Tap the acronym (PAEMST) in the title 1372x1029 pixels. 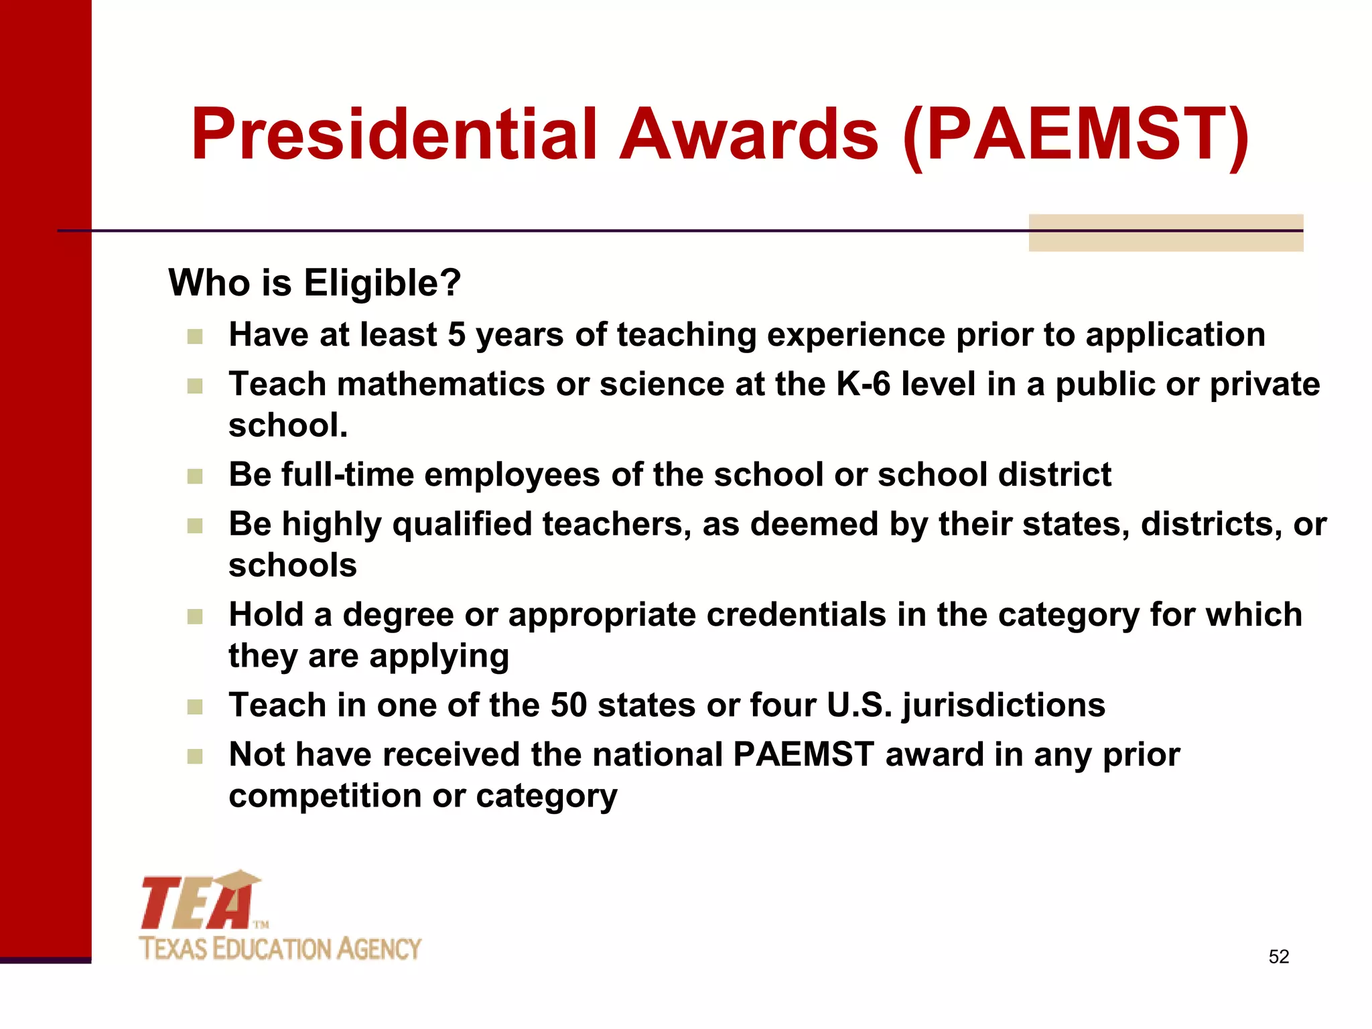click(1076, 135)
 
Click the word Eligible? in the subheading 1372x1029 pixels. click(382, 283)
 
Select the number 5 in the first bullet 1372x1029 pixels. click(456, 334)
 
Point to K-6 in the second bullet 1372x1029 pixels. click(863, 385)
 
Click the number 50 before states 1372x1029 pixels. click(568, 705)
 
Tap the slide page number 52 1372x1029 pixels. click(1278, 957)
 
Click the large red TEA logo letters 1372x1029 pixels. click(198, 903)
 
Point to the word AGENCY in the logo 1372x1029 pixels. click(379, 949)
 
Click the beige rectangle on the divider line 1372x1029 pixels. click(1166, 232)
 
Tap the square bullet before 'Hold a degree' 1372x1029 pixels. click(195, 616)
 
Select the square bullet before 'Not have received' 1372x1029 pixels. click(195, 756)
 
